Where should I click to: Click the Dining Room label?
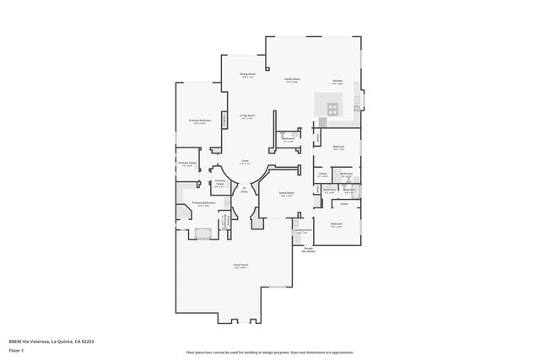(247, 75)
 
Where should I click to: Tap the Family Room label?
(292, 78)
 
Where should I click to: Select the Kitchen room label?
(337, 81)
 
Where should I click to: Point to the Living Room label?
(247, 116)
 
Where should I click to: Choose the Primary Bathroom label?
(203, 203)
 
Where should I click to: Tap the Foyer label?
(245, 161)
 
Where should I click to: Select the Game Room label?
(287, 193)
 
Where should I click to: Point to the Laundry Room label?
(302, 229)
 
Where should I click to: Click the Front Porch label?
(240, 265)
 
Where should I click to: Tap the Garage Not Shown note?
(309, 250)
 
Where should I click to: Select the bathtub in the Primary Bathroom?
(202, 234)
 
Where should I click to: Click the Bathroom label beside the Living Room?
(288, 138)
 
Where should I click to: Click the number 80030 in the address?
(16, 341)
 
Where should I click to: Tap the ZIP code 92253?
(89, 341)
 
